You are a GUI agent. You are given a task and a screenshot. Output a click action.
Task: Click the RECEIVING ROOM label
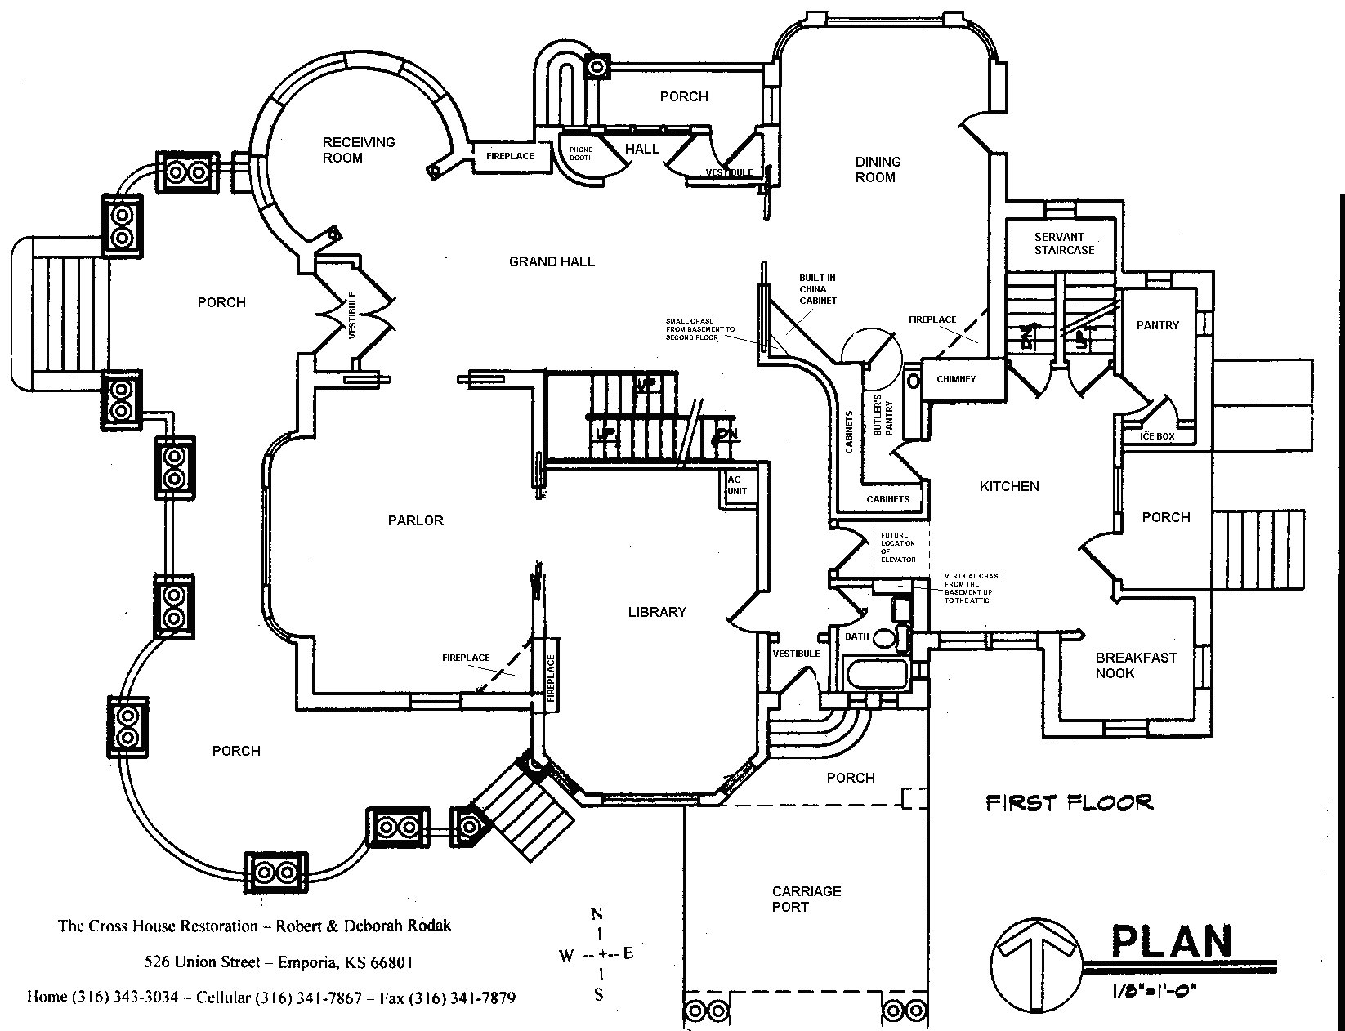pos(358,150)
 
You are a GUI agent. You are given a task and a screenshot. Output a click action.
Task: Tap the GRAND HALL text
pos(552,261)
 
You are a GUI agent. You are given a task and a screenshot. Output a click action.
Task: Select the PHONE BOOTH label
pos(581,153)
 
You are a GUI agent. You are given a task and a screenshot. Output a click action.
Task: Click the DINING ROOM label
pos(878,169)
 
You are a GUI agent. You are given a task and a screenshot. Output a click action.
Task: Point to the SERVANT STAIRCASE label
pos(1064,243)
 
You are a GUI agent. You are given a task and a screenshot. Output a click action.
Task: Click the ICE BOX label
pos(1157,436)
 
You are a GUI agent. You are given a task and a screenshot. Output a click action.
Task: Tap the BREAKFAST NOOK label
pos(1124,665)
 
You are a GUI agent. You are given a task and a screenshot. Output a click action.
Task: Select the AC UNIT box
pos(736,486)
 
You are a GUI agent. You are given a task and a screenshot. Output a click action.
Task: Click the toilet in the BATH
pos(884,637)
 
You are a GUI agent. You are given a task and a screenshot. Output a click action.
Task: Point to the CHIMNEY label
pos(956,379)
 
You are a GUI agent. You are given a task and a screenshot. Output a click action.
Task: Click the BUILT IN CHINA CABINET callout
pos(817,289)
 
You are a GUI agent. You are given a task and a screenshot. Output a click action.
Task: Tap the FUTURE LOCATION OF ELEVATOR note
pos(897,547)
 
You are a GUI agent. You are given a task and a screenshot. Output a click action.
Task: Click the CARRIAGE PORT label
pos(806,899)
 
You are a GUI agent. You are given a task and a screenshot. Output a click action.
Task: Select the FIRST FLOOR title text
pos(1069,802)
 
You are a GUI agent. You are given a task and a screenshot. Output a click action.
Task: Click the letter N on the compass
pos(597,914)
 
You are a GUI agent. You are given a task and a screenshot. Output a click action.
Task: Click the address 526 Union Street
pos(278,962)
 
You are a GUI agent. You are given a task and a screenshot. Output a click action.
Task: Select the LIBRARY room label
pos(657,612)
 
